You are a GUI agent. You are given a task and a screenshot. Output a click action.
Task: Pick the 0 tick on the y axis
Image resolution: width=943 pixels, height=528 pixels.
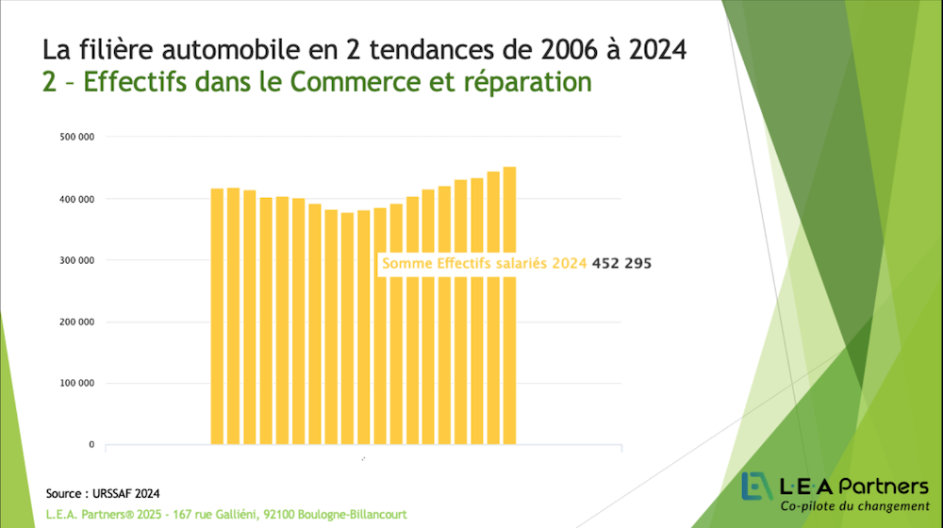click(91, 444)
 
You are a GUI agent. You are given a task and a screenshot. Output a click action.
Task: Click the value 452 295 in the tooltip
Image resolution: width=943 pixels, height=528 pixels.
click(621, 264)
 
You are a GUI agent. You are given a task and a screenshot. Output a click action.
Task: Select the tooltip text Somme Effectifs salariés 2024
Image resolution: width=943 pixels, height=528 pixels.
click(484, 264)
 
